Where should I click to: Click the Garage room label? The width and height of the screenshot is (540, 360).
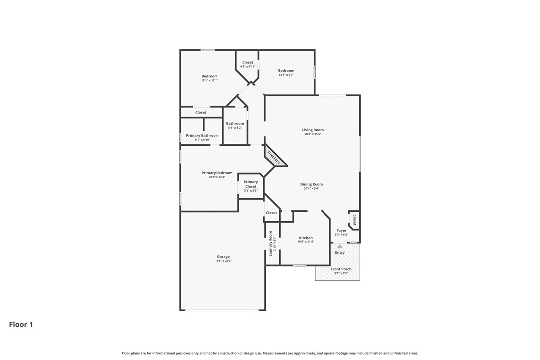(x=223, y=257)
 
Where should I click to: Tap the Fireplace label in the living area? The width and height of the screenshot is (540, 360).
(x=273, y=157)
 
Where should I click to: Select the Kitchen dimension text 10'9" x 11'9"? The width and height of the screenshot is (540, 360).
(x=306, y=242)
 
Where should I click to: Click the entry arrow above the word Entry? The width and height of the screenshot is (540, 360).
(x=340, y=246)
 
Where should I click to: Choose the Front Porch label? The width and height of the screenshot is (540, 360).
(x=341, y=269)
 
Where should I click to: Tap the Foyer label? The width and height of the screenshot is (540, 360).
(x=341, y=231)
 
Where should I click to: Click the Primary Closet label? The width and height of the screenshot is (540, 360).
(x=251, y=184)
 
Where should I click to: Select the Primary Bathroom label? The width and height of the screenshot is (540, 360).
(x=202, y=135)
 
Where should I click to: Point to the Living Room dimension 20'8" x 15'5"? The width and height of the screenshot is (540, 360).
(x=313, y=134)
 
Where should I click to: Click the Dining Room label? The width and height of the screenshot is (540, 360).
(x=311, y=184)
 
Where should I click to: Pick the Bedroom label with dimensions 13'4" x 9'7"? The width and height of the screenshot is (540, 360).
(x=286, y=71)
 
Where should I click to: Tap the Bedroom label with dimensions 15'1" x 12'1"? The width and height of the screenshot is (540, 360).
(x=209, y=76)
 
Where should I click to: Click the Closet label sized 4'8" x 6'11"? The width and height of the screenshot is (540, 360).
(x=247, y=63)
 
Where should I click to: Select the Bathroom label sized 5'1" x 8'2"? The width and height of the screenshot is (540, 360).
(x=235, y=124)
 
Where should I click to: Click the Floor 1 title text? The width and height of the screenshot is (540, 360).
(x=21, y=325)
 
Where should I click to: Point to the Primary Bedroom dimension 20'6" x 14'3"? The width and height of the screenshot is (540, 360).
(x=217, y=177)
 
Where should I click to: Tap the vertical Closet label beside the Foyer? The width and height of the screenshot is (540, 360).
(x=354, y=220)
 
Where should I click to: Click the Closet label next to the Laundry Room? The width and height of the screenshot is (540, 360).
(x=271, y=213)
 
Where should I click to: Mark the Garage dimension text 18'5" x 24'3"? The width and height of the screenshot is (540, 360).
(x=223, y=261)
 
